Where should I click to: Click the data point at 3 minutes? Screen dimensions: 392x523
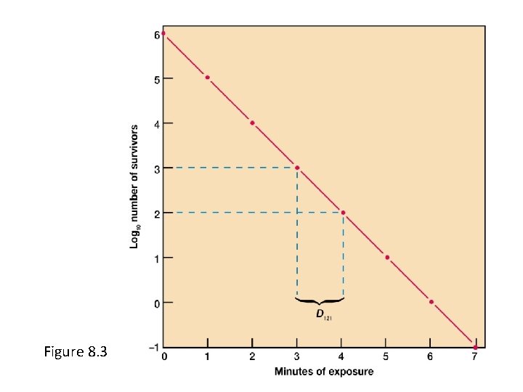click(296, 168)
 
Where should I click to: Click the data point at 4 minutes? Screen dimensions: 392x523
click(343, 213)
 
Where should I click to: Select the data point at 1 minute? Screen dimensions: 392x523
click(208, 78)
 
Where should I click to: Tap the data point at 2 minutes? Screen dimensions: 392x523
click(252, 123)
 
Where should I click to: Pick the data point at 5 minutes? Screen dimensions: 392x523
click(387, 257)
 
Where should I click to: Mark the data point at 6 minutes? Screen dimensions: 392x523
click(431, 302)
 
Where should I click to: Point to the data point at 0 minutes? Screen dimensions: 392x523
click(163, 33)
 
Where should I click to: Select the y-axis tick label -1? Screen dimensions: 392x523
click(154, 347)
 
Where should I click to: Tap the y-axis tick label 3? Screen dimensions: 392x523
click(156, 168)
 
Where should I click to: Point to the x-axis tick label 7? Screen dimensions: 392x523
click(476, 356)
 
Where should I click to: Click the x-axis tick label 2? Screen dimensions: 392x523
click(252, 356)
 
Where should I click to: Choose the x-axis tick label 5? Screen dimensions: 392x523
click(386, 356)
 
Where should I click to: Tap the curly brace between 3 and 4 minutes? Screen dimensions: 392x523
click(320, 299)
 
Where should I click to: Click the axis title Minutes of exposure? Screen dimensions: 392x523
click(324, 372)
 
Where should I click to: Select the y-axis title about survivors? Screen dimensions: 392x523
click(134, 185)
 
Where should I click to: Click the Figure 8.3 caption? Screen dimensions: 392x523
click(76, 352)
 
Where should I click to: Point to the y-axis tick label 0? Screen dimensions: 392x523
click(156, 303)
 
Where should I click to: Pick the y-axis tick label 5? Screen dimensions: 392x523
click(156, 78)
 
